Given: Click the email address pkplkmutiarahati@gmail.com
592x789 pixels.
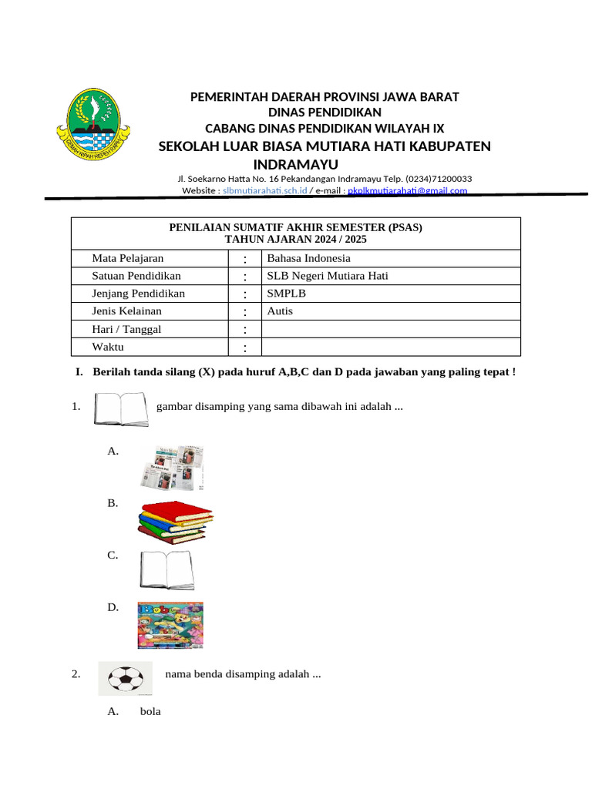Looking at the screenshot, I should (x=407, y=190).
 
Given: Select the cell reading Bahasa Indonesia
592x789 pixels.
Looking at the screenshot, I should (x=308, y=258).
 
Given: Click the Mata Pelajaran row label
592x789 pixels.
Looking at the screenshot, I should (x=128, y=258).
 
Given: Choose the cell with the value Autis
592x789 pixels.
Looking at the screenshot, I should (x=280, y=311).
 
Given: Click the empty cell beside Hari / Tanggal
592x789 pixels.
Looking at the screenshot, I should (x=391, y=329).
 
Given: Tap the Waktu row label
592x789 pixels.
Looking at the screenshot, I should (x=108, y=347).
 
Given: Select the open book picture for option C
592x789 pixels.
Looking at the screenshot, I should (x=166, y=570).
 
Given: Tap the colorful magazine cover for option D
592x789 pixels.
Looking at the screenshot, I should (x=170, y=625).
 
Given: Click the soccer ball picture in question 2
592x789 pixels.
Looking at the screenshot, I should (x=125, y=678).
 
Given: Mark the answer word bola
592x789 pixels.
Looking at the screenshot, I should (x=150, y=711).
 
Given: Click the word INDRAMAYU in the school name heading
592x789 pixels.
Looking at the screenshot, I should (x=296, y=165).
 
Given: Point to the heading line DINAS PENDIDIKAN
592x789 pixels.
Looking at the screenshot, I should (x=325, y=112).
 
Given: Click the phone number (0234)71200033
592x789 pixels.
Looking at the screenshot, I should (x=434, y=179).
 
